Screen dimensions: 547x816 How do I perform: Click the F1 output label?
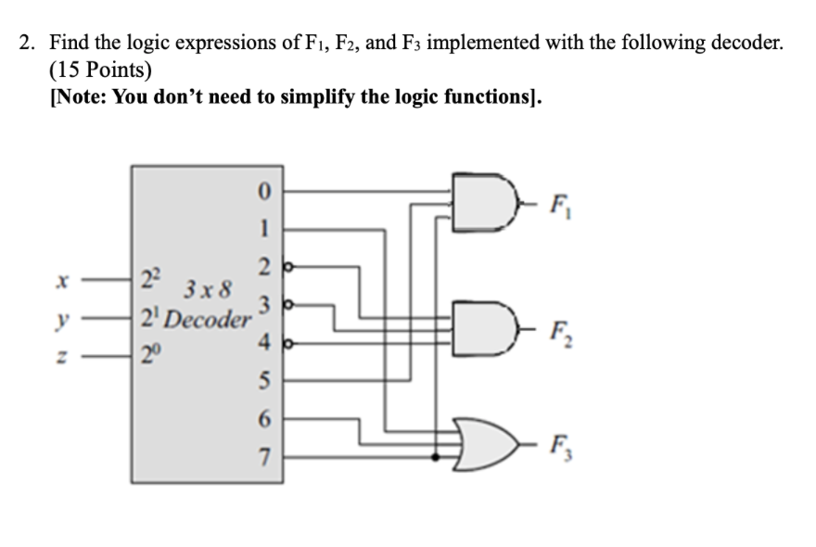559,204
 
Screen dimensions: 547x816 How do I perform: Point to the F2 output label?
559,328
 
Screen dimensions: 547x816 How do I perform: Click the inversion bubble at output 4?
286,342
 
